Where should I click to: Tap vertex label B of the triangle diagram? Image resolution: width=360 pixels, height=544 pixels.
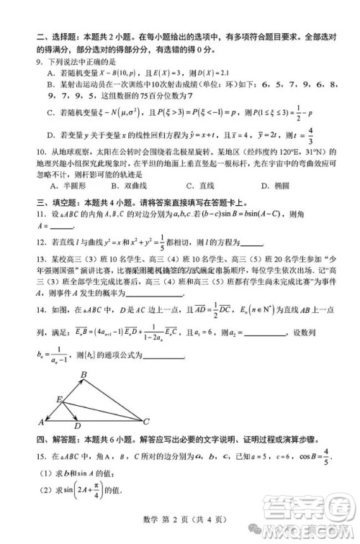(x=84, y=374)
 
